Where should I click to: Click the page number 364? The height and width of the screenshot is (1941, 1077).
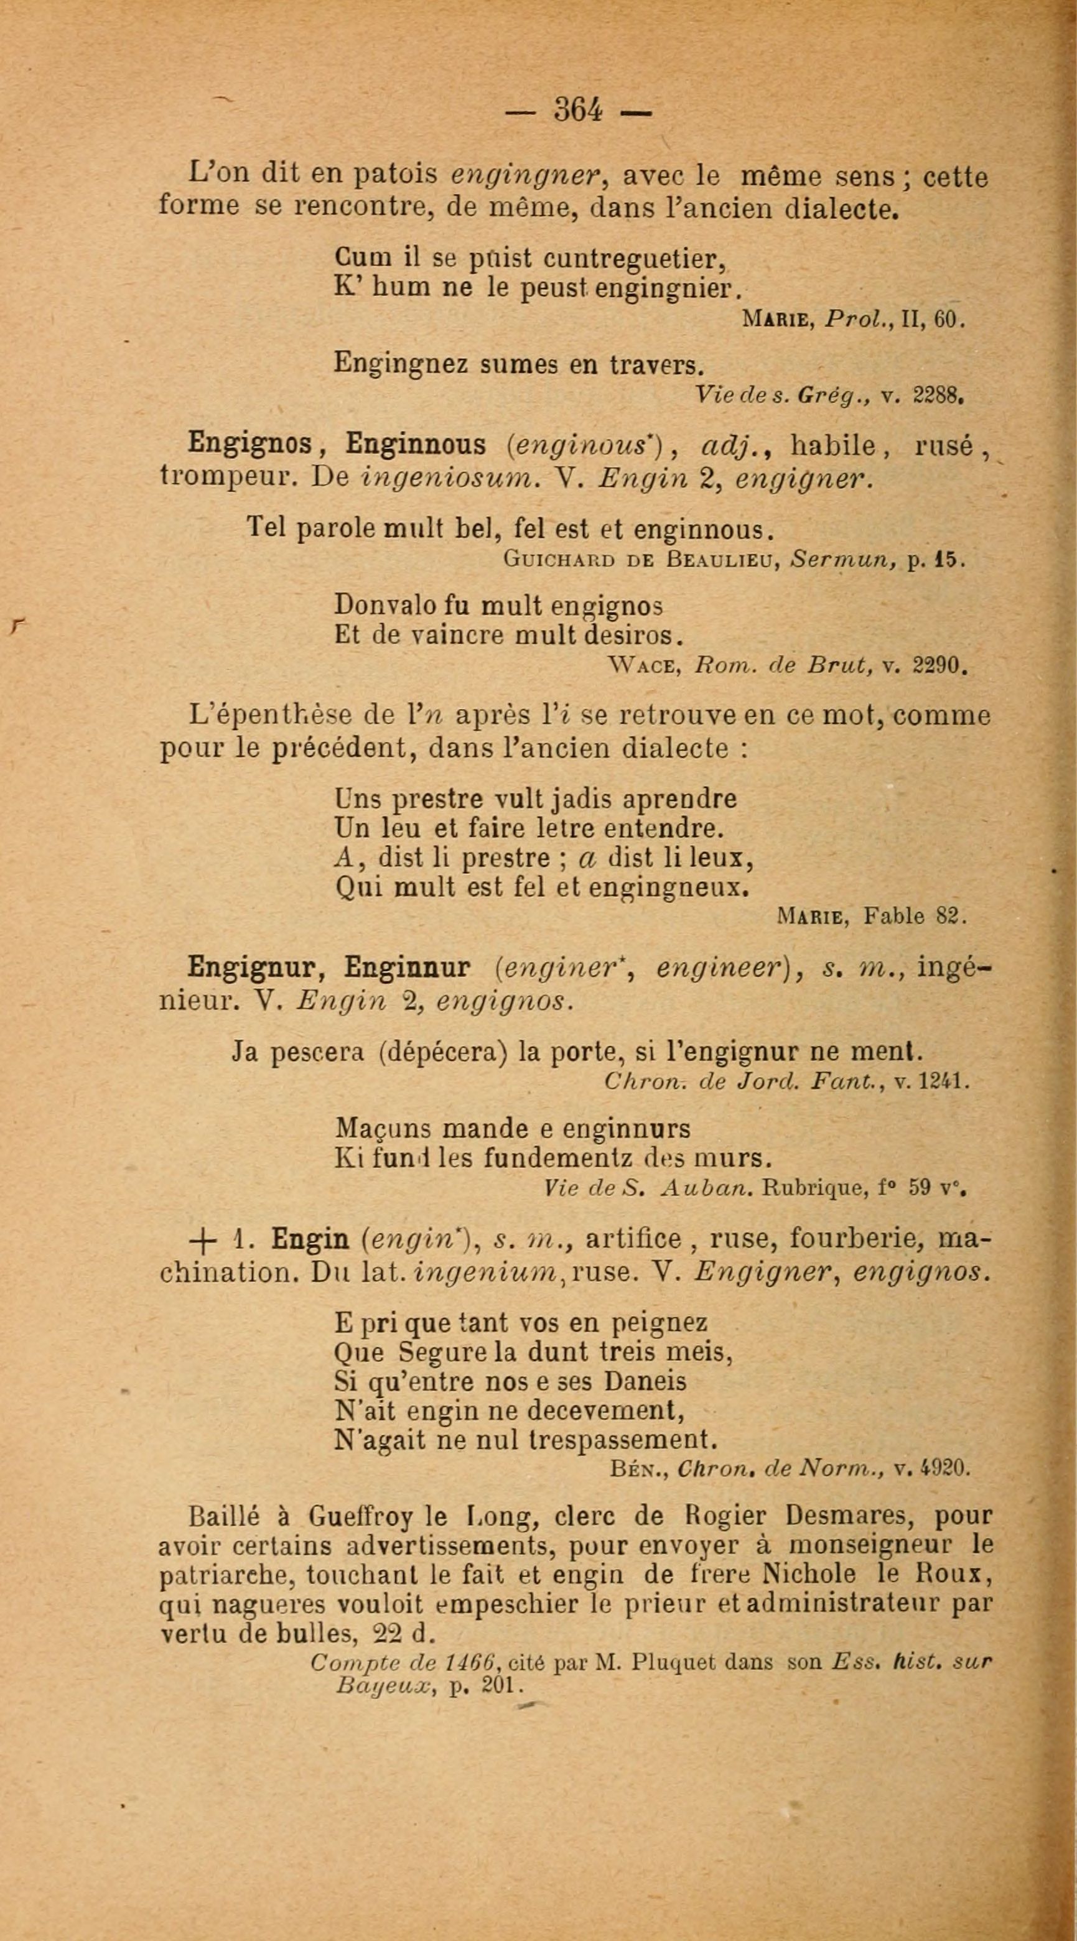[578, 111]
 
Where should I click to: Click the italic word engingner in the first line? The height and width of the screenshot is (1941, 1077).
[526, 175]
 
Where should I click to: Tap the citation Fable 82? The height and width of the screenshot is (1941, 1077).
[915, 915]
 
